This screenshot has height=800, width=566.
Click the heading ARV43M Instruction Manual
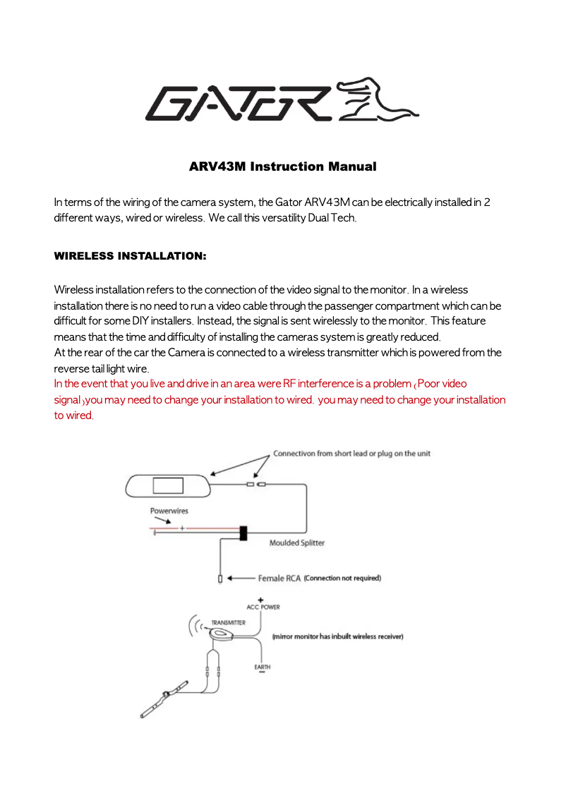pyautogui.click(x=282, y=167)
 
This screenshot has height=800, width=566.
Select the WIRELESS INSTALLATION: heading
pyautogui.click(x=130, y=255)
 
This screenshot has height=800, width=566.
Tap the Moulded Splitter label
pyautogui.click(x=297, y=543)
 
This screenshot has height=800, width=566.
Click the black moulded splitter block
pyautogui.click(x=243, y=533)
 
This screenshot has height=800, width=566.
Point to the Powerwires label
pyautogui.click(x=169, y=511)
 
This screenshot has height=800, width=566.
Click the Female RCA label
pyautogui.click(x=279, y=578)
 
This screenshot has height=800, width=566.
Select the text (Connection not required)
pyautogui.click(x=342, y=578)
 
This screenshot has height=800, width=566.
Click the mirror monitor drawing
pyautogui.click(x=168, y=485)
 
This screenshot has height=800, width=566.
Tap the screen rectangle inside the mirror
pyautogui.click(x=168, y=485)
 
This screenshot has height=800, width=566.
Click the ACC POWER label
pyautogui.click(x=263, y=607)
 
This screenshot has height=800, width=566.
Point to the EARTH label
pyautogui.click(x=262, y=667)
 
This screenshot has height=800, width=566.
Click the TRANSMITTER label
pyautogui.click(x=229, y=623)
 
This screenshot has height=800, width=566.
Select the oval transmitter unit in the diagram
pyautogui.click(x=222, y=635)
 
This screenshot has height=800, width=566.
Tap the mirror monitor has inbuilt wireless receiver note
pyautogui.click(x=337, y=636)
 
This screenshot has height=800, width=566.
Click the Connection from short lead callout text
pyautogui.click(x=351, y=454)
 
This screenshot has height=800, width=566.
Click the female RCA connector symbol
pyautogui.click(x=220, y=579)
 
